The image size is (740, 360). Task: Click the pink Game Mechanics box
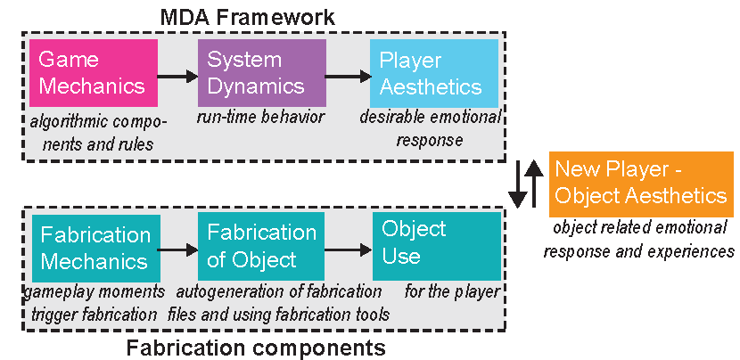[x=93, y=73]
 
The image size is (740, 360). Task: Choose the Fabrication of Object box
[x=261, y=248]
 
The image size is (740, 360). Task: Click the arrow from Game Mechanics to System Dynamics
[x=177, y=78]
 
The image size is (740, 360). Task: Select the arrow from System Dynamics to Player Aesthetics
[x=347, y=78]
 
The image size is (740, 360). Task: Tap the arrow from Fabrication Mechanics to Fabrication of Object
[x=178, y=252]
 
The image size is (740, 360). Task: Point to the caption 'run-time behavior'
[x=259, y=117]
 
